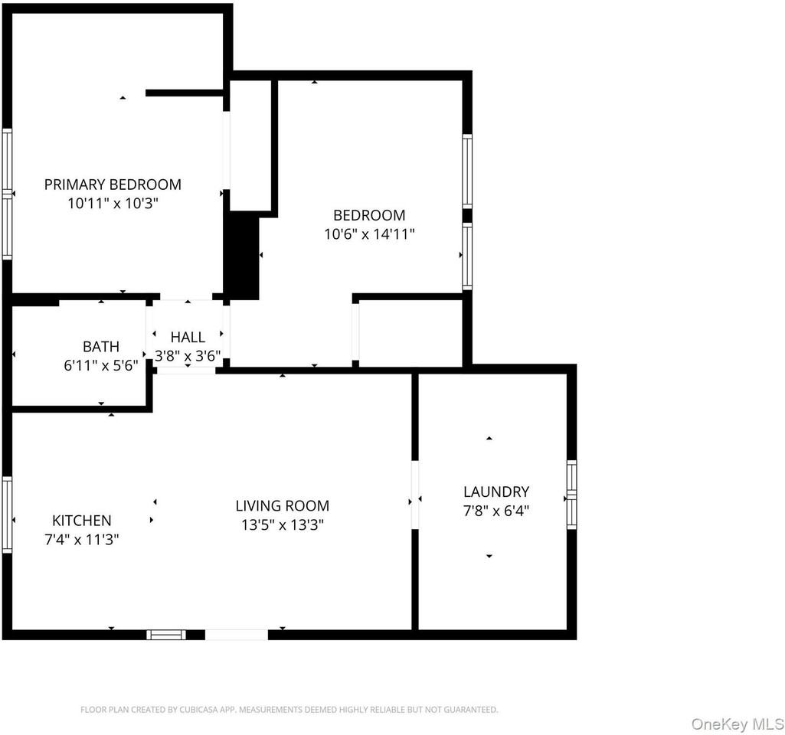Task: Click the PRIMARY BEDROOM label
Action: point(113,185)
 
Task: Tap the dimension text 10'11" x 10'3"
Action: point(113,203)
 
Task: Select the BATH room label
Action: point(101,347)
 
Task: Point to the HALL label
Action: point(188,337)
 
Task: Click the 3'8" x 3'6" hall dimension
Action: point(188,356)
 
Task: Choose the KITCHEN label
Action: point(82,521)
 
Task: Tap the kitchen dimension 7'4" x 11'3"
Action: point(82,540)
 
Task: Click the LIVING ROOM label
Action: point(282,506)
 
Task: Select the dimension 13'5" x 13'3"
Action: point(282,525)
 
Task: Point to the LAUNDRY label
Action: point(496,492)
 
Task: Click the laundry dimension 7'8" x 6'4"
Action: point(496,511)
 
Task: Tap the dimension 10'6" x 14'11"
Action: point(369,234)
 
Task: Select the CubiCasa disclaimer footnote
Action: point(289,710)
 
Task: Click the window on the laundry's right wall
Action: point(571,495)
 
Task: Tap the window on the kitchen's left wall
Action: point(7,514)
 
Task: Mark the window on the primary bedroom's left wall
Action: point(7,194)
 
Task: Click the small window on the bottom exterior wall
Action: point(166,634)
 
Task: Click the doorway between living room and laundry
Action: point(415,495)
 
